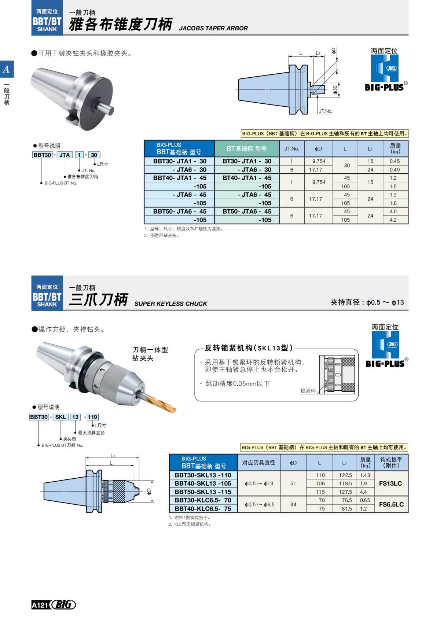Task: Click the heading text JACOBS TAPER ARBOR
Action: (213, 28)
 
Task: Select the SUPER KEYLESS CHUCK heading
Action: (170, 303)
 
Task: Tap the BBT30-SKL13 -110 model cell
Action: (203, 475)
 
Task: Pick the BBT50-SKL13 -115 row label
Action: (203, 492)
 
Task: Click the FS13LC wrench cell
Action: (390, 483)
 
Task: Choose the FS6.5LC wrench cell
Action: (391, 504)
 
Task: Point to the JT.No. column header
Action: (291, 149)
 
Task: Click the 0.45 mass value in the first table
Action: (395, 161)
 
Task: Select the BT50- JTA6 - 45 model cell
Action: (247, 211)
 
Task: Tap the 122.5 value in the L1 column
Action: (345, 475)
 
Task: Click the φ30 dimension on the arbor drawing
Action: (335, 89)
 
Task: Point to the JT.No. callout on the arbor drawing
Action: (325, 111)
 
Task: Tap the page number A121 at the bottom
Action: (40, 605)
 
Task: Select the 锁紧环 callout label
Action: (308, 391)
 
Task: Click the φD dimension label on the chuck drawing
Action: (148, 491)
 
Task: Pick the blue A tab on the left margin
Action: (7, 69)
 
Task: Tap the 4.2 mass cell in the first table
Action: (393, 220)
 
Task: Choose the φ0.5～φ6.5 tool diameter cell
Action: (258, 505)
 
